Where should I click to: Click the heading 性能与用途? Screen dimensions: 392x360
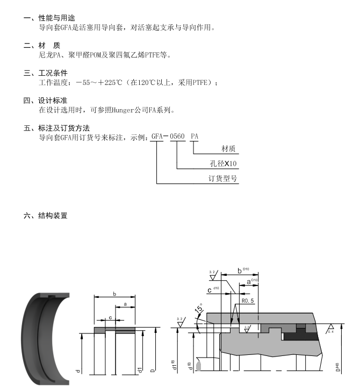60,18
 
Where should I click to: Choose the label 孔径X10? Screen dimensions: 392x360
224,163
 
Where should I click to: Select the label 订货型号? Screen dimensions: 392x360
223,179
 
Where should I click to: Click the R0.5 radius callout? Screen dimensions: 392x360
247,301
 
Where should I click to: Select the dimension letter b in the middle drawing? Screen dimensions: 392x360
114,294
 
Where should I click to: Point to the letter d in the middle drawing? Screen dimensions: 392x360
78,372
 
